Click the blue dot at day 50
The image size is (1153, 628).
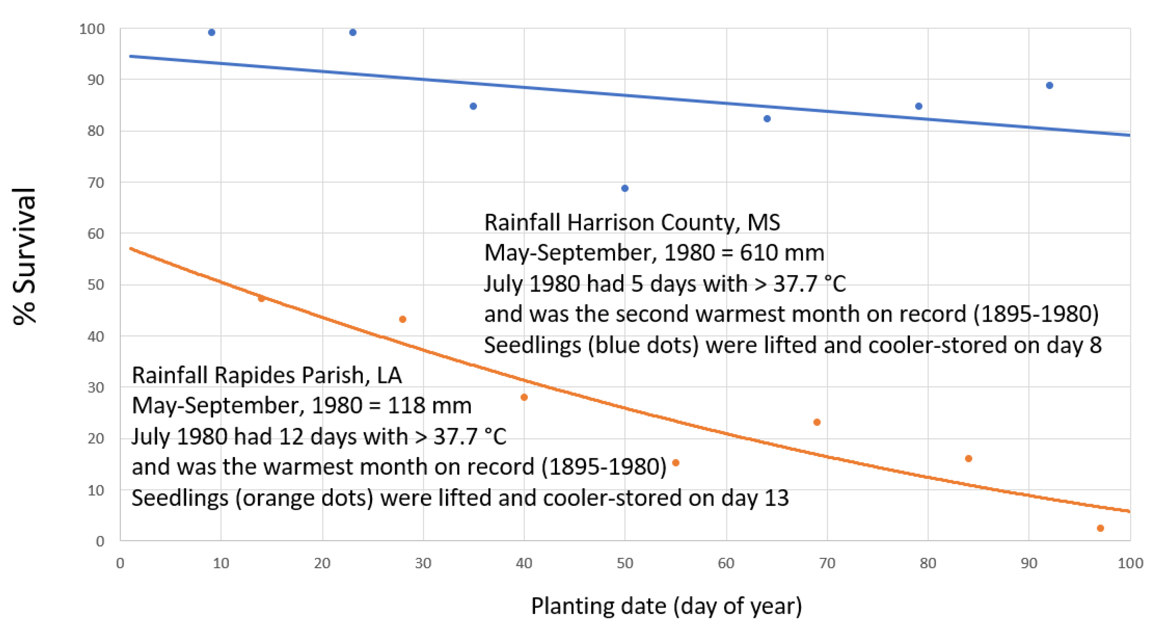[x=625, y=188]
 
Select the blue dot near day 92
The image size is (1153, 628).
[x=1050, y=86]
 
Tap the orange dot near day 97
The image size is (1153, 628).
[x=1100, y=528]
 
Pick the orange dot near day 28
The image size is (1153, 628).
[x=402, y=319]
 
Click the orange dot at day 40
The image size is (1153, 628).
[x=524, y=397]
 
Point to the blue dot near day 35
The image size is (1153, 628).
[x=473, y=106]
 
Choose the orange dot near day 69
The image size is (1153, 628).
[x=817, y=423]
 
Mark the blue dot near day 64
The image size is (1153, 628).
[x=767, y=119]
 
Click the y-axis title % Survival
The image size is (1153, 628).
[x=24, y=256]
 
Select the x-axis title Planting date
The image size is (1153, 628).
[x=666, y=606]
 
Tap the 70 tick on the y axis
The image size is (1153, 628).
[x=95, y=182]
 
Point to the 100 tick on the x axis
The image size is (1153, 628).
[x=1130, y=563]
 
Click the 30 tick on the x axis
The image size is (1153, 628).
[x=423, y=563]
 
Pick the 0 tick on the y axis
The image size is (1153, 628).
[x=100, y=541]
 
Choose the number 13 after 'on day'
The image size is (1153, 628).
[x=776, y=498]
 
